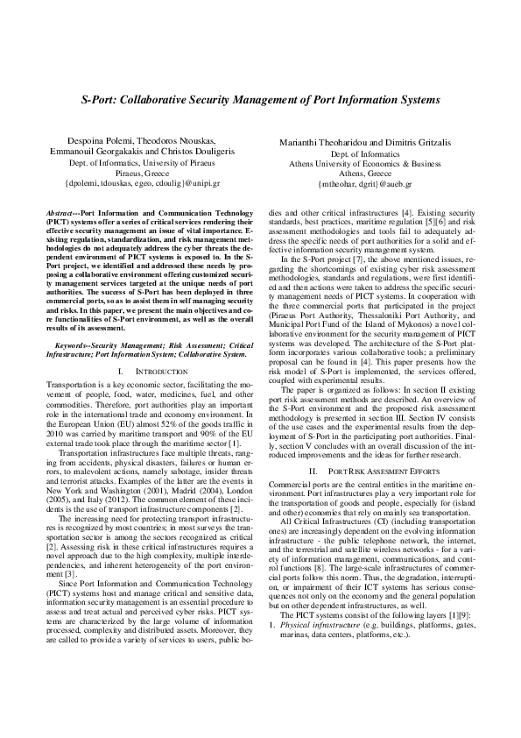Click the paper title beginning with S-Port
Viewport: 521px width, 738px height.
tap(260, 102)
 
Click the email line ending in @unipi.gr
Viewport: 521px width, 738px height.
tap(130, 185)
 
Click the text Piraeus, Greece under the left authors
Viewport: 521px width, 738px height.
tap(130, 174)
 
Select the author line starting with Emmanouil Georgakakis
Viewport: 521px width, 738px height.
tap(130, 152)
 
